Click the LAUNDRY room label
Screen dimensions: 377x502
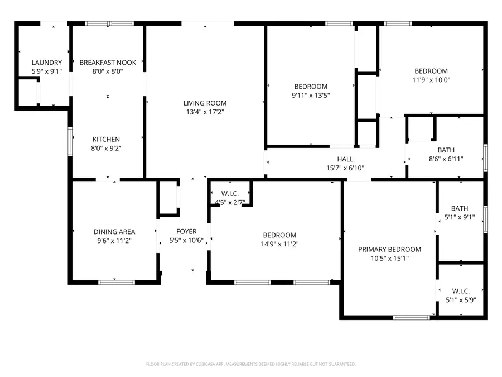[47, 63]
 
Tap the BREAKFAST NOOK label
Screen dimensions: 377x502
[108, 63]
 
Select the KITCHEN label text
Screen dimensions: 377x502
[106, 140]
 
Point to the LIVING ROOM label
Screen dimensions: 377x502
[205, 103]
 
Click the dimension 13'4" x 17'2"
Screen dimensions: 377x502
[205, 112]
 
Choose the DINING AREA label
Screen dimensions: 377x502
[114, 232]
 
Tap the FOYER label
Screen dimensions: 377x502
[186, 232]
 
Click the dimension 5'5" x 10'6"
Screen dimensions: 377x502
[186, 241]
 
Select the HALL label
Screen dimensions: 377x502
[345, 159]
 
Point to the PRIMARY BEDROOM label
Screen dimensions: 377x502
[389, 250]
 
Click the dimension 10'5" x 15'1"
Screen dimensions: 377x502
[389, 259]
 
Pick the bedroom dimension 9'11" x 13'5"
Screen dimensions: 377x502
[311, 95]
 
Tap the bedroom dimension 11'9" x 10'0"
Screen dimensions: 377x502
[431, 80]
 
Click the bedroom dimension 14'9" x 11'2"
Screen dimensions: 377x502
[279, 244]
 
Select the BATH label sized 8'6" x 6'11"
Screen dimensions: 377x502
[446, 150]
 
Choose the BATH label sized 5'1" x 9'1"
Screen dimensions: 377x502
[459, 208]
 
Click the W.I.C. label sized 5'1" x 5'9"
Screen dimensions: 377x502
[460, 291]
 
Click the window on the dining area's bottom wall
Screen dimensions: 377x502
[117, 282]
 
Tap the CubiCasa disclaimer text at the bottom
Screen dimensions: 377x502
[250, 364]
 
